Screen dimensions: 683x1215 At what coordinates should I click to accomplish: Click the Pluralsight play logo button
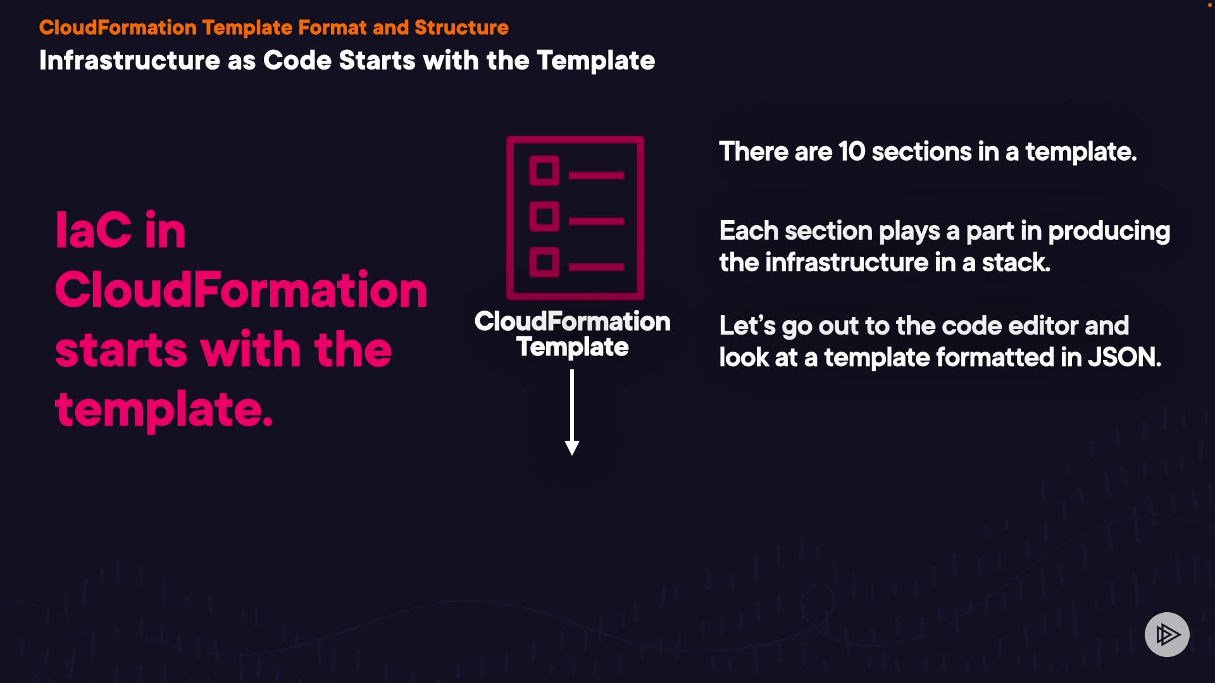click(x=1167, y=634)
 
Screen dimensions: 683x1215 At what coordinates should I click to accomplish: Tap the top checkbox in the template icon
click(x=544, y=171)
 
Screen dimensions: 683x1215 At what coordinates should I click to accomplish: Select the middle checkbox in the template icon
click(x=544, y=217)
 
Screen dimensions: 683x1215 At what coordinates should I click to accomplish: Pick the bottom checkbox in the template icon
click(x=544, y=262)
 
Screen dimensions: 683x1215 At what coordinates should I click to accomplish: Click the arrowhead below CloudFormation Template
click(x=572, y=448)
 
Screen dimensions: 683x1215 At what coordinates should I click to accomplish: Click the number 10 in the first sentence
click(x=851, y=152)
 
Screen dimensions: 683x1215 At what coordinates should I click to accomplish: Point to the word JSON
click(x=1124, y=357)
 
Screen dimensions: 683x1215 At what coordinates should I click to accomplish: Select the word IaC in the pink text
click(x=94, y=230)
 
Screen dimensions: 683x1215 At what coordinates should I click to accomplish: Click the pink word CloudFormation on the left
click(x=241, y=290)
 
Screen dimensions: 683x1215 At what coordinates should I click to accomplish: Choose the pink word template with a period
click(x=164, y=410)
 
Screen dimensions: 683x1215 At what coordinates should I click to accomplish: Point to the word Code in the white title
click(x=297, y=61)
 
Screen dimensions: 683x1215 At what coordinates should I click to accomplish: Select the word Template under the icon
click(x=572, y=347)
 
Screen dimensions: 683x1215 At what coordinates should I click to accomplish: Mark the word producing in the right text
click(x=1109, y=231)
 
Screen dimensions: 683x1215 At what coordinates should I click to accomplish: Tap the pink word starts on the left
click(x=121, y=350)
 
